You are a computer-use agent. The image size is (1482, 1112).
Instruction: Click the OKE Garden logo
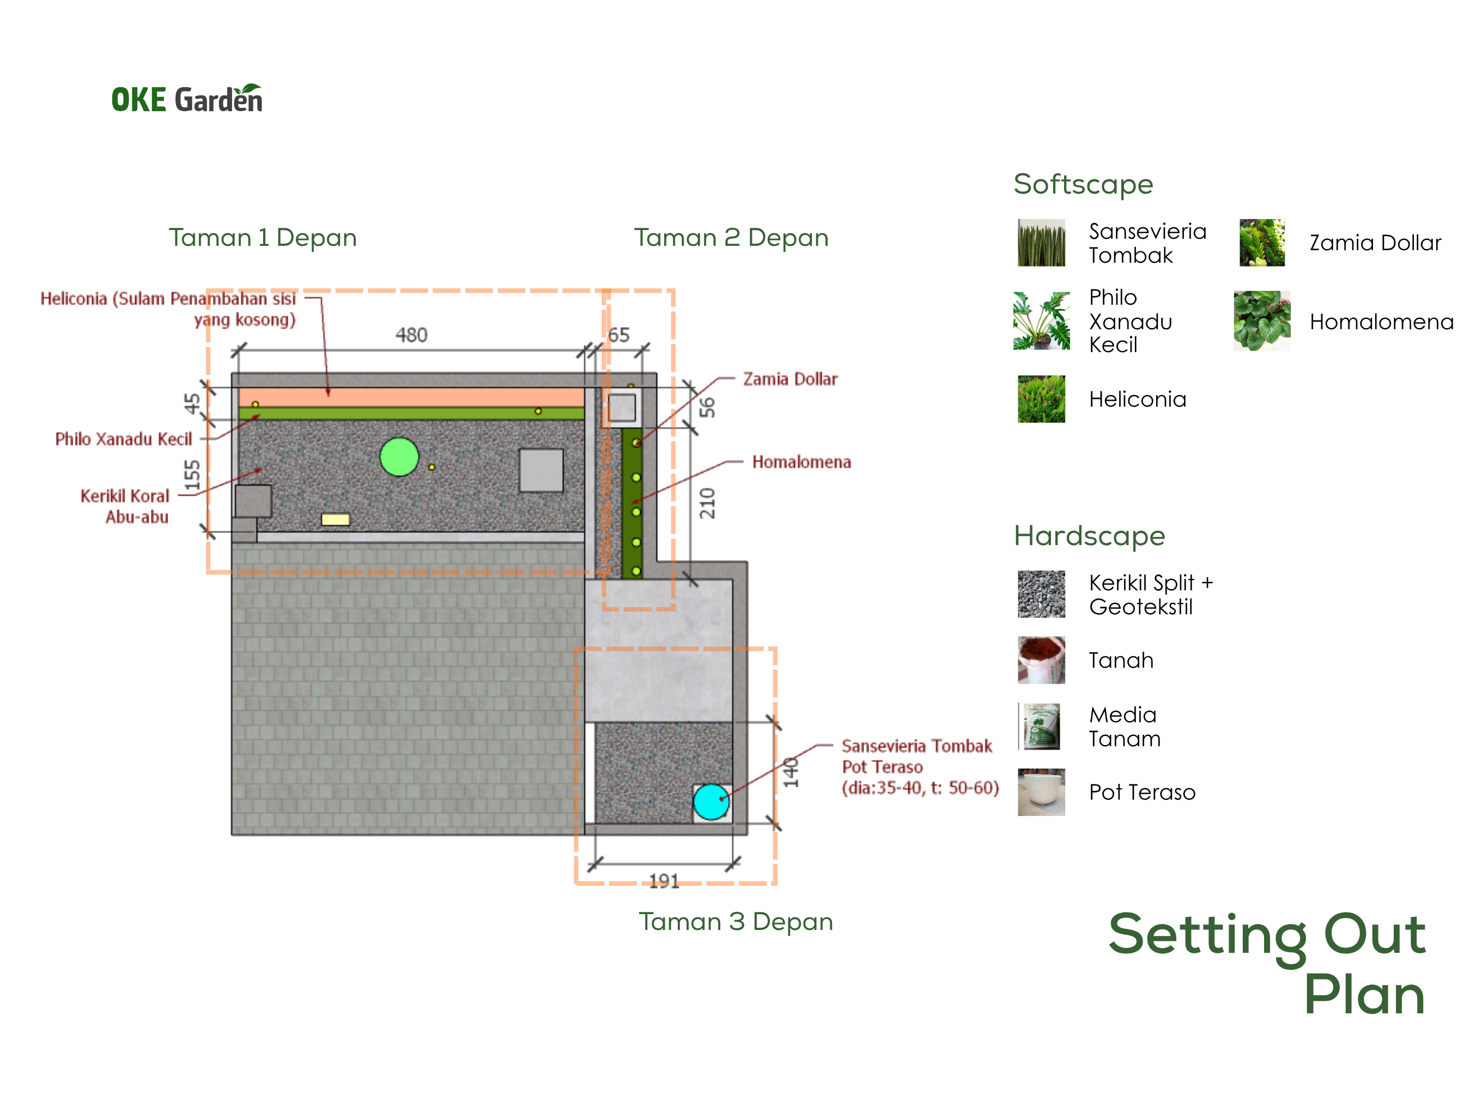pos(187,99)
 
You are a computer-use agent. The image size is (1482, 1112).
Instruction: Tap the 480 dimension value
pos(411,335)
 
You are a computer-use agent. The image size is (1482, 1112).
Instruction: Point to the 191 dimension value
pos(664,881)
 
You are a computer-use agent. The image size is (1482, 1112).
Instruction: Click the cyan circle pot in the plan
pos(711,802)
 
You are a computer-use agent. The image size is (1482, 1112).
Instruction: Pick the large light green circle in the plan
pos(399,457)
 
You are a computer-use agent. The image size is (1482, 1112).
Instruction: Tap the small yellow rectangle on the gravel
pos(336,519)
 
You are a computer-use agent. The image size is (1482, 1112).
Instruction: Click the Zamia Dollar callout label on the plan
pos(791,379)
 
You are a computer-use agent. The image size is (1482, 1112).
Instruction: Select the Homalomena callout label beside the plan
pos(801,462)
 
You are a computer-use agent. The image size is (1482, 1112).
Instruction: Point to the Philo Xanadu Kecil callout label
pos(123,439)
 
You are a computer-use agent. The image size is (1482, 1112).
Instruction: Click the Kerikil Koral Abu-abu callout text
pos(125,506)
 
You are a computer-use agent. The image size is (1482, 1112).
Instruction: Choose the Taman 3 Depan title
pos(736,922)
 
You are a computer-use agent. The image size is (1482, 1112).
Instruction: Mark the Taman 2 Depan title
pos(732,237)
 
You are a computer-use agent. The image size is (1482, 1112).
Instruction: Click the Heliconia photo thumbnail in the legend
pos(1041,399)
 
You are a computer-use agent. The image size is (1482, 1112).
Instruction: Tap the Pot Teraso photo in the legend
pos(1041,792)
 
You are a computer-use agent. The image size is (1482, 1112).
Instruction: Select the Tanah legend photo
pos(1041,660)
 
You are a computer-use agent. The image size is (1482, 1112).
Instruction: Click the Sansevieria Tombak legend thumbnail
pos(1041,243)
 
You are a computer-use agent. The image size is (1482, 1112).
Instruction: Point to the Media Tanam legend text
pos(1125,727)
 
